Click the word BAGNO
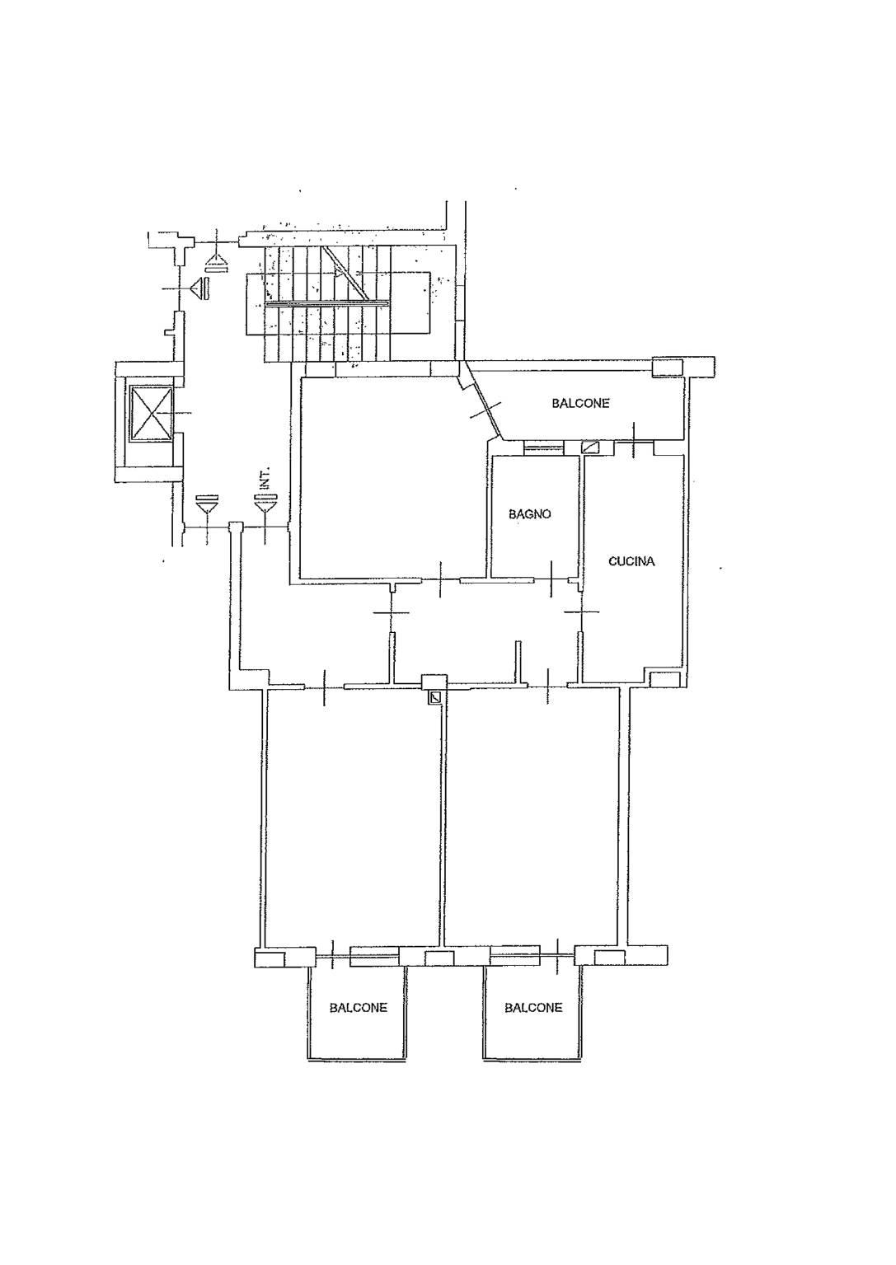(529, 514)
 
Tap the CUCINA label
(631, 561)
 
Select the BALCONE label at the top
(581, 403)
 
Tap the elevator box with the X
(150, 412)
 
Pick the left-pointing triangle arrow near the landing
(200, 288)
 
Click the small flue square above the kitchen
(591, 447)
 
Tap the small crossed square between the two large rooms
(435, 698)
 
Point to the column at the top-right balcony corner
(667, 367)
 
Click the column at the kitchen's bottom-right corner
(664, 679)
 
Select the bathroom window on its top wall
(543, 448)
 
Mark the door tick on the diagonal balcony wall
(486, 410)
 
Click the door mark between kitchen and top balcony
(634, 440)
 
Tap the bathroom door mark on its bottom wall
(552, 579)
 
